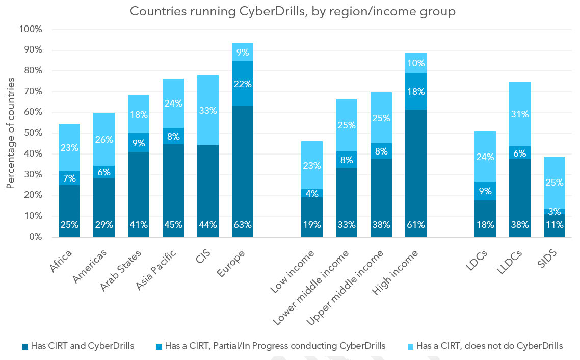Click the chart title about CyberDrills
click(x=293, y=11)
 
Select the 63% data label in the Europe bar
click(x=243, y=225)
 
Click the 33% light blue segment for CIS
click(x=208, y=110)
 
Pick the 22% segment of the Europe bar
click(x=243, y=84)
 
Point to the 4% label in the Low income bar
click(x=312, y=193)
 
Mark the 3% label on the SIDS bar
click(x=555, y=212)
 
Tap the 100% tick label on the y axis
click(x=30, y=29)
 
